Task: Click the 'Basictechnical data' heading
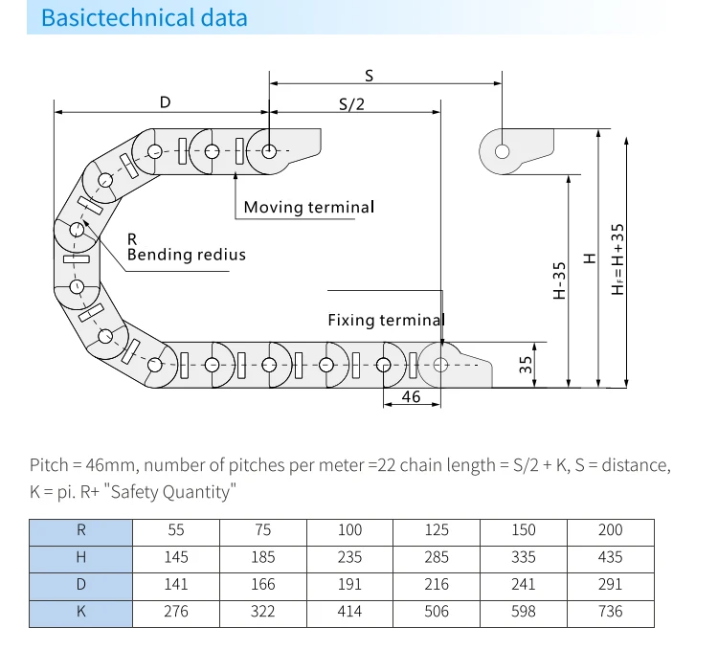click(x=145, y=18)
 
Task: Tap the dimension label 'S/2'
click(x=351, y=104)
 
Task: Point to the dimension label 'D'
click(x=166, y=102)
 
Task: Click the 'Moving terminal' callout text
click(x=309, y=207)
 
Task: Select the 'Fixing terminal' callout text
click(x=387, y=320)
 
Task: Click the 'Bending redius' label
click(x=187, y=255)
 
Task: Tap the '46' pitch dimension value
click(x=411, y=396)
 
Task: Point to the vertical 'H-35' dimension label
click(x=560, y=280)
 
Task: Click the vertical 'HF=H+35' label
click(x=617, y=259)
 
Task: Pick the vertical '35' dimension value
click(x=526, y=365)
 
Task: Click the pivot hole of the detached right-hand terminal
click(x=503, y=151)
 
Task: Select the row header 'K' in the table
click(x=81, y=612)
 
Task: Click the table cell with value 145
click(x=176, y=557)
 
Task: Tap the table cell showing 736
click(x=611, y=612)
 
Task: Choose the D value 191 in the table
click(x=349, y=585)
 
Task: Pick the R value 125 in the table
click(x=437, y=530)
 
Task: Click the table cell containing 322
click(x=263, y=612)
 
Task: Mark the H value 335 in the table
click(x=524, y=557)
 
